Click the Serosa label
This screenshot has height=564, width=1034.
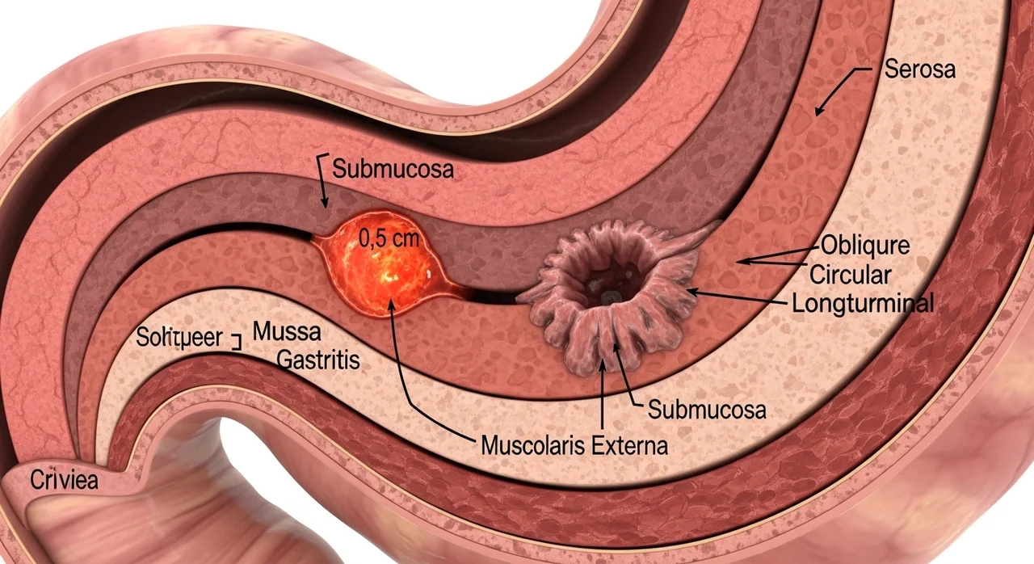coord(919,69)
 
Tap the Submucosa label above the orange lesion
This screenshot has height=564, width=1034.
coord(393,169)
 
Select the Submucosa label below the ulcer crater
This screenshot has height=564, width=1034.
coord(707,410)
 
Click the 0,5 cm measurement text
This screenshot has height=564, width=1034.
coord(389,238)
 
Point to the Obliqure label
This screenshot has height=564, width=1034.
coord(865,246)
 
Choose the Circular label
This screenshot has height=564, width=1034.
coord(851,275)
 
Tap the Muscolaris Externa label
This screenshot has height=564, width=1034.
coord(574,445)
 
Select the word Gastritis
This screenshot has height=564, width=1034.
coord(318,360)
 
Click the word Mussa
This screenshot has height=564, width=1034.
coord(287,331)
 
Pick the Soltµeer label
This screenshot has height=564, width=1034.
coord(179,338)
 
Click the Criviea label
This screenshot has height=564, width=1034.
coord(64,481)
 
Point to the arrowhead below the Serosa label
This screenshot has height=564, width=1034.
coord(819,110)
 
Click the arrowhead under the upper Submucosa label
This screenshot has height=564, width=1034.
coord(325,202)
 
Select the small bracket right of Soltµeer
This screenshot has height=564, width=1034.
coord(237,341)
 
